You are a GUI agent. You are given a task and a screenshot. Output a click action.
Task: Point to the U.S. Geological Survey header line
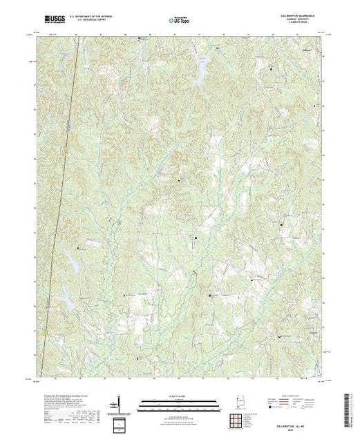pyautogui.click(x=104, y=22)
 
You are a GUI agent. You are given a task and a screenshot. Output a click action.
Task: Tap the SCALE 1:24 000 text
pyautogui.click(x=180, y=396)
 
